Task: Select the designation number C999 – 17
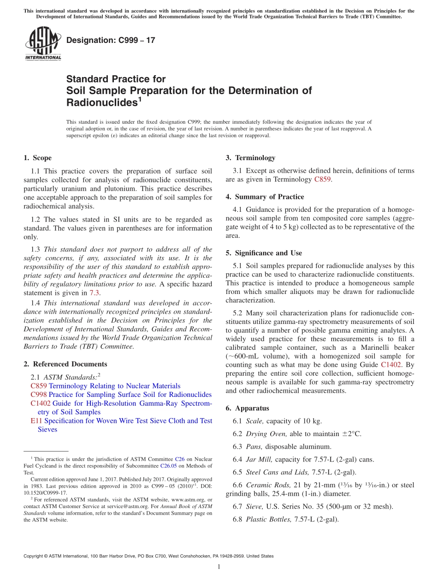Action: pyautogui.click(x=111, y=40)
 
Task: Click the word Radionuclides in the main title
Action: pyautogui.click(x=101, y=102)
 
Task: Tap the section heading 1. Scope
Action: pyautogui.click(x=37, y=158)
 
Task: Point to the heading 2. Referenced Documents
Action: pyautogui.click(x=65, y=364)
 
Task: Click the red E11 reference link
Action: pyautogui.click(x=36, y=421)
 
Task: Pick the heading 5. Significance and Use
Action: pyautogui.click(x=264, y=253)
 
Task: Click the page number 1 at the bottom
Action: pyautogui.click(x=219, y=567)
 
